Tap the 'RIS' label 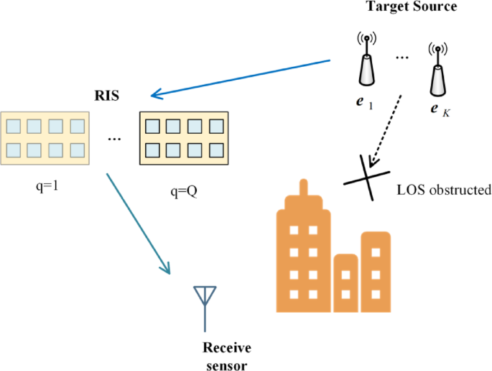tap(108, 94)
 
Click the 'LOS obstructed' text tap(443, 191)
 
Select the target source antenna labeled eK tap(437, 71)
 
